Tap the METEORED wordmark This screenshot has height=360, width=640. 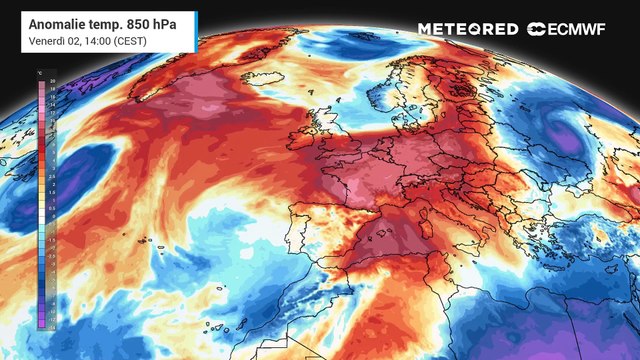(467, 29)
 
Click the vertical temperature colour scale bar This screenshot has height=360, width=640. (41, 199)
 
